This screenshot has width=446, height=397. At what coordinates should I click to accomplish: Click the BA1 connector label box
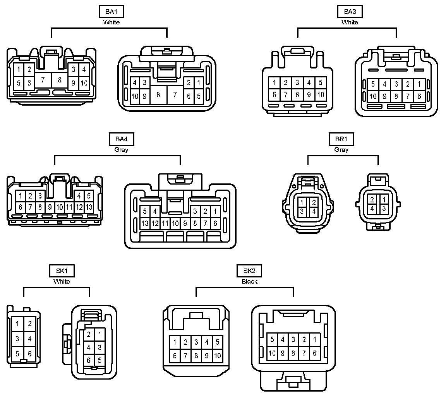(111, 12)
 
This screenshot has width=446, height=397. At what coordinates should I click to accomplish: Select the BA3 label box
(350, 12)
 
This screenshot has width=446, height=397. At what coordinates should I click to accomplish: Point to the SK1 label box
(62, 271)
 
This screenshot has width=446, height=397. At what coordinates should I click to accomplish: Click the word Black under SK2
(249, 281)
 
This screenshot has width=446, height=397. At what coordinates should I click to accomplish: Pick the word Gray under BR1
(341, 150)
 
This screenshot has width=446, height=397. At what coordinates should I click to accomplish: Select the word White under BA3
(350, 22)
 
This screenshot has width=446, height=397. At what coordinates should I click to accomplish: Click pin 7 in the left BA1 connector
(43, 80)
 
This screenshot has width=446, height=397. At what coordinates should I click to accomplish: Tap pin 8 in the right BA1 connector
(158, 94)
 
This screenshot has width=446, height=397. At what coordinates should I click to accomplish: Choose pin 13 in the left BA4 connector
(89, 207)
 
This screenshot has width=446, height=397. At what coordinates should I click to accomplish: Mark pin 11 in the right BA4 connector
(165, 223)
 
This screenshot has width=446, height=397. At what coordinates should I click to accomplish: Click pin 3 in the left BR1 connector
(301, 211)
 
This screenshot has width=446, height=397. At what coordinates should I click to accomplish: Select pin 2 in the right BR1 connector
(372, 200)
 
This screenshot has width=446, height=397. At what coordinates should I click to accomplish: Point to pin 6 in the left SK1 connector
(30, 354)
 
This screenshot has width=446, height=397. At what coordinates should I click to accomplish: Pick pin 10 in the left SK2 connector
(218, 356)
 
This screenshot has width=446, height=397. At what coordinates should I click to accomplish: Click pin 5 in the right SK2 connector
(272, 340)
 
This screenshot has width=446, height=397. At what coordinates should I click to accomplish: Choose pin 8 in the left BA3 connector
(297, 94)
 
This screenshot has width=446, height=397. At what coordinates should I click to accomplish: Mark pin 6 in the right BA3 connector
(419, 96)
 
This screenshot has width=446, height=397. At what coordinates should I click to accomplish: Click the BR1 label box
(341, 139)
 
